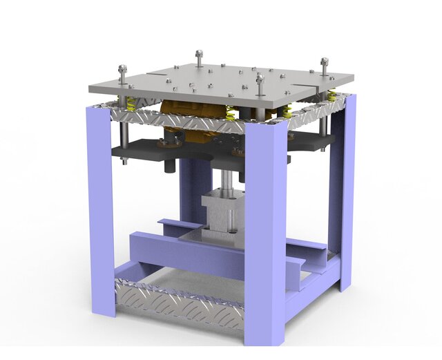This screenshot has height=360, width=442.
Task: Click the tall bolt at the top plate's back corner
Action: (199, 55)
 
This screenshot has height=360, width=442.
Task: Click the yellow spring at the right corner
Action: (332, 95)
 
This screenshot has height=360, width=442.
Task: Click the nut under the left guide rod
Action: (124, 160)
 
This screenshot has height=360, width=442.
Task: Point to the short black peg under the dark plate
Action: (169, 167)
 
